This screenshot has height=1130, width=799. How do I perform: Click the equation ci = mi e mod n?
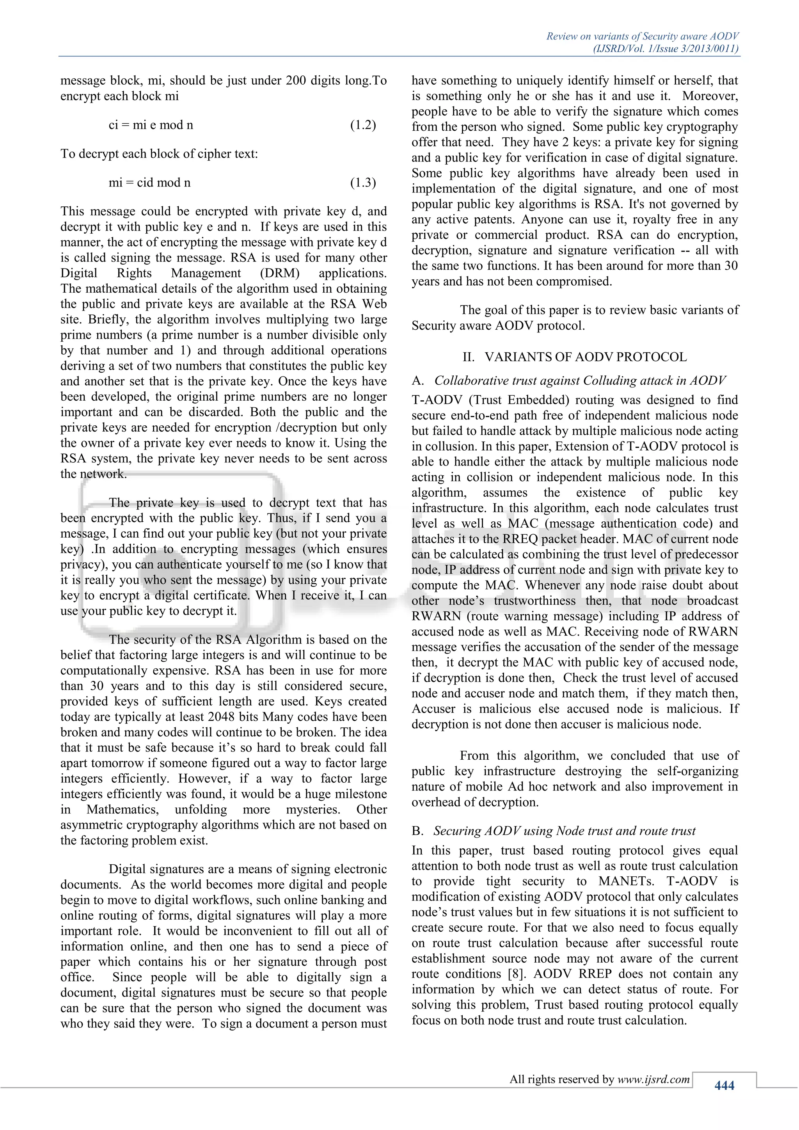click(151, 125)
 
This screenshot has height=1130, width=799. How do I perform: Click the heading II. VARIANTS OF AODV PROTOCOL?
click(574, 357)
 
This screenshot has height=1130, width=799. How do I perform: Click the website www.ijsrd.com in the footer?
click(653, 1079)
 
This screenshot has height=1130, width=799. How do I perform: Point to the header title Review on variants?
click(642, 36)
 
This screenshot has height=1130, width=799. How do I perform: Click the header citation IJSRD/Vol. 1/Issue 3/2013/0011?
click(666, 49)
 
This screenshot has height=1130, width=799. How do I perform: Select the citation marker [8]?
click(517, 974)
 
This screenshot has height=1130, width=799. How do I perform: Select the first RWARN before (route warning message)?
click(431, 616)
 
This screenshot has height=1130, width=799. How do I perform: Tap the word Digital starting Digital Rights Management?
click(79, 273)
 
